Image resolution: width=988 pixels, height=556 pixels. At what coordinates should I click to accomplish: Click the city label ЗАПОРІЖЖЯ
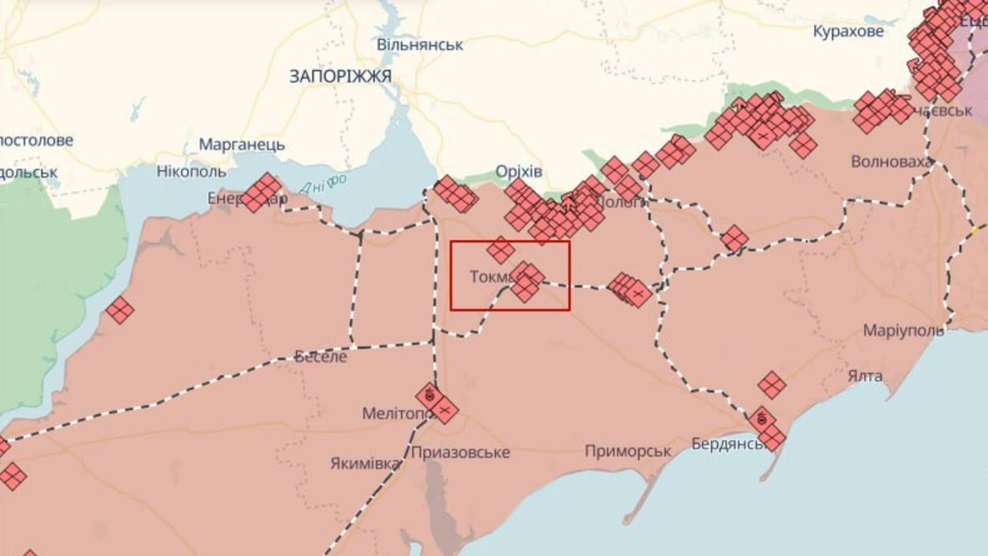coord(340,77)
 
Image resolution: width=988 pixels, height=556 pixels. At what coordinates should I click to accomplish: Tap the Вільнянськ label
coord(419,45)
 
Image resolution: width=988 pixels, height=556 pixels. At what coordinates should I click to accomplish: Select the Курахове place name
coord(848,31)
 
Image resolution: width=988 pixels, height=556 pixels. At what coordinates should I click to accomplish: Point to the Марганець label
coord(241,145)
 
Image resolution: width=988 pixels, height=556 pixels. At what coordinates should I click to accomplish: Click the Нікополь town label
coord(191,172)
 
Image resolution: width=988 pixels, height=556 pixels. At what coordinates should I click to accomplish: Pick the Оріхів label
coord(519,171)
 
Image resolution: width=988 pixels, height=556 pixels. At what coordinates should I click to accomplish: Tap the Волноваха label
coord(891,162)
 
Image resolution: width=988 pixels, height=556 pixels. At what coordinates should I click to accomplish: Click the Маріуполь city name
coord(903,330)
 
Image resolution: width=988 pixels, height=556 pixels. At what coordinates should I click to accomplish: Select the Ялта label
coord(865,376)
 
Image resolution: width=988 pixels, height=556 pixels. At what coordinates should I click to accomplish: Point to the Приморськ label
coord(628,451)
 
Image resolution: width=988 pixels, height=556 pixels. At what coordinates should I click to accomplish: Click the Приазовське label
coord(460,452)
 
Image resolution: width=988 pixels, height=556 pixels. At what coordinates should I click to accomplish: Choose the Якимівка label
coord(365,463)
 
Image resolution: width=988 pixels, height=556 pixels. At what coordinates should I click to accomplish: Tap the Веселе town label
coord(320,357)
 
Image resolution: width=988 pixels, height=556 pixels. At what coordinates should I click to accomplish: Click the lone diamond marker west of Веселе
coord(120,310)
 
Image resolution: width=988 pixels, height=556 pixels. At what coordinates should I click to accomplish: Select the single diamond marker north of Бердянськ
coord(771,385)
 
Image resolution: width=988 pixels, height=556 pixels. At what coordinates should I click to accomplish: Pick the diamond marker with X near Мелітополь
coord(445,410)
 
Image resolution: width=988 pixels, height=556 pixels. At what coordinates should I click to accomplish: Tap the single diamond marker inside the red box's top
coord(500,249)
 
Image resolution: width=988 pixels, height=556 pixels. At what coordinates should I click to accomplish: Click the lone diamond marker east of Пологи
coord(734,239)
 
